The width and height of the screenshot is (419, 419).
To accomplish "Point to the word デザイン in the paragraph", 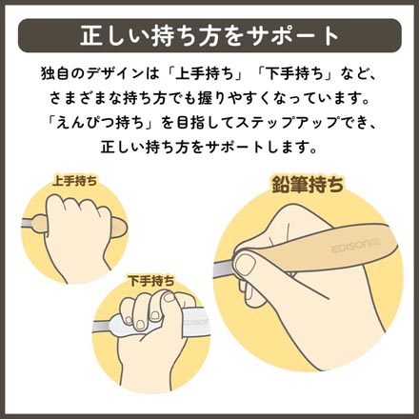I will coord(137,73).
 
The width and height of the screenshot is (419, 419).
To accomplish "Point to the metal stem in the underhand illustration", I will coord(104,329).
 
